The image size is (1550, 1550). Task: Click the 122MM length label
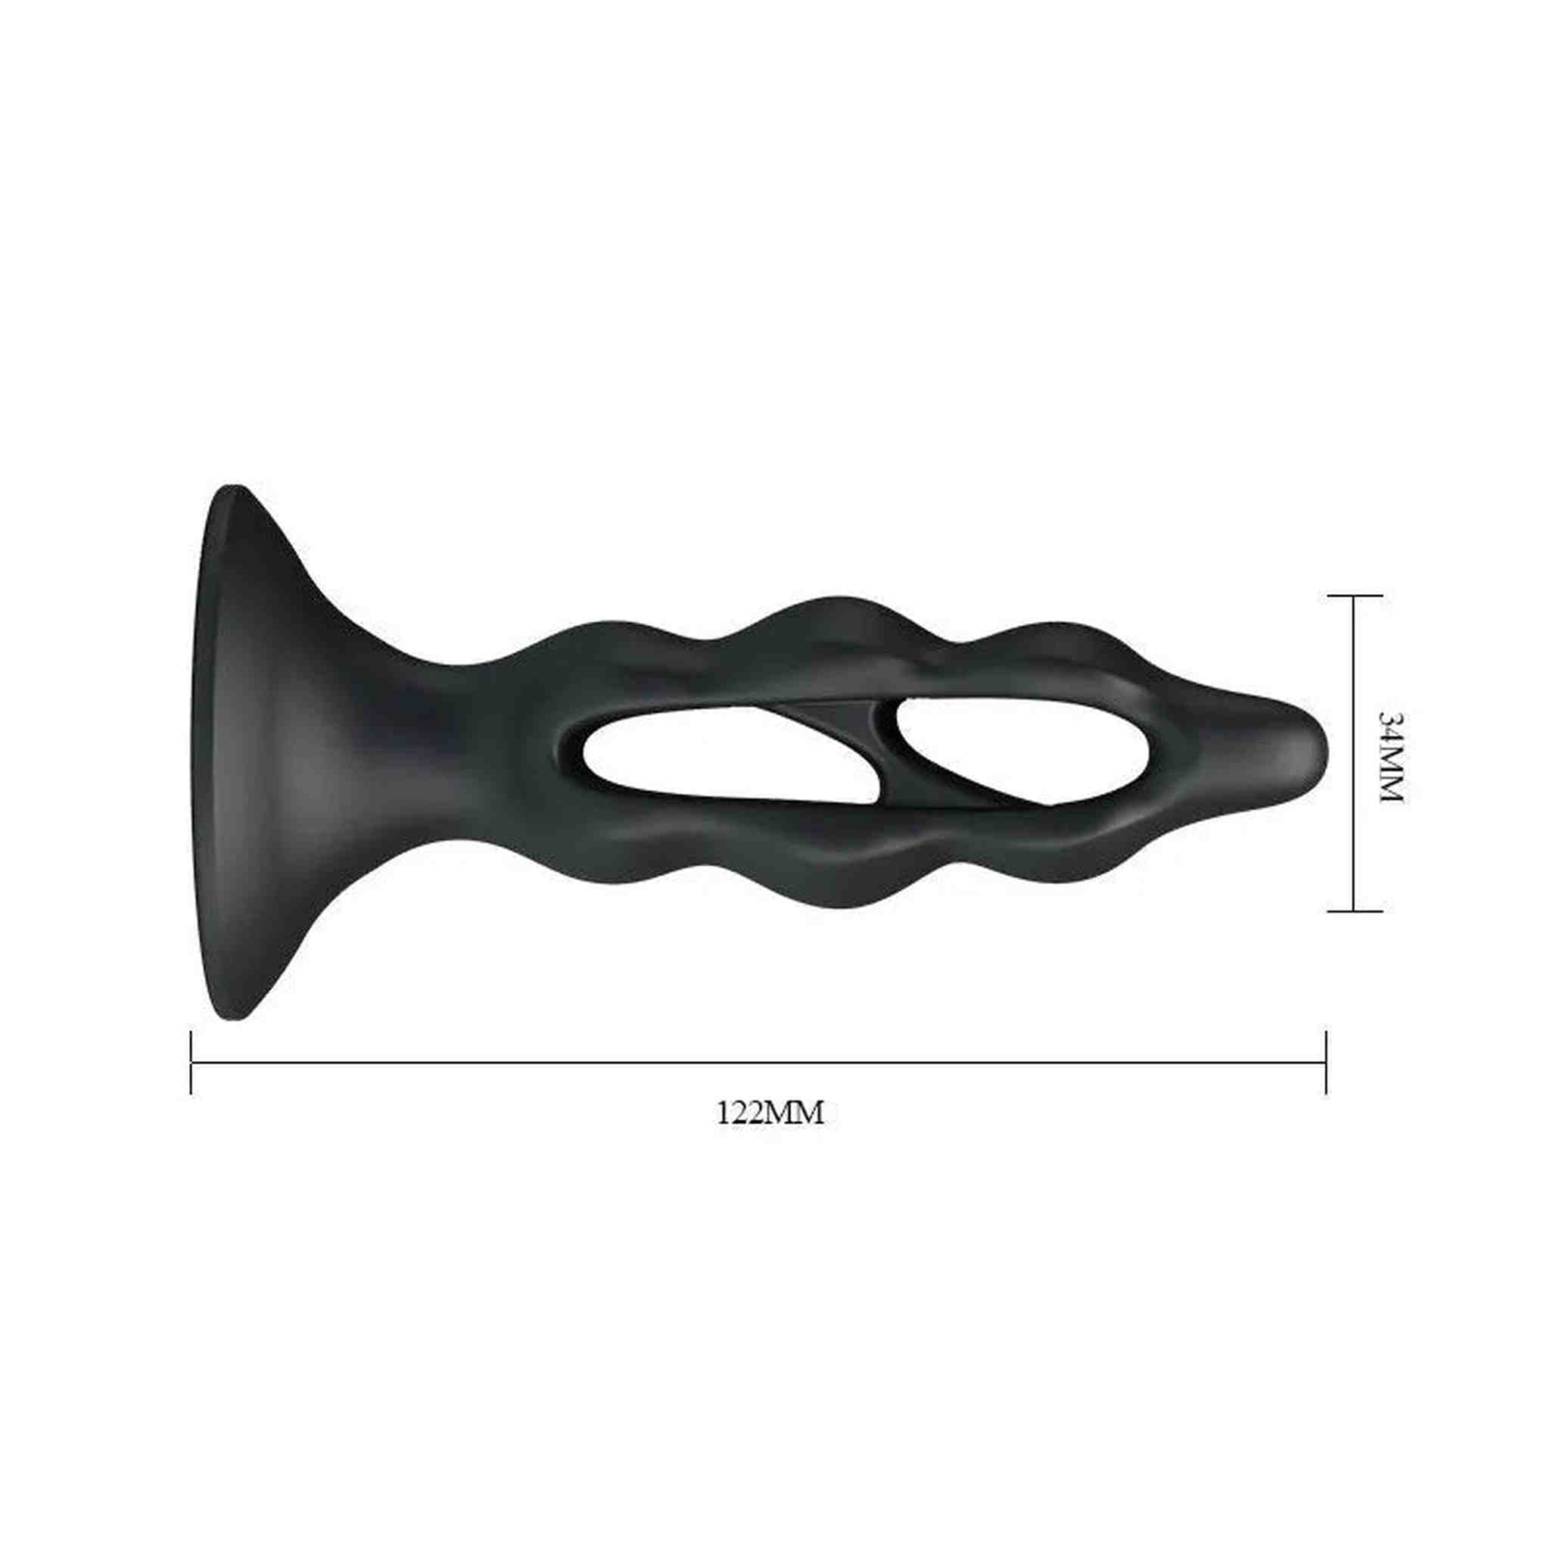point(770,1113)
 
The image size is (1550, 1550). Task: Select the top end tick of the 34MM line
point(1355,596)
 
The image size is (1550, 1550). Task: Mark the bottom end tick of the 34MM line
point(1355,910)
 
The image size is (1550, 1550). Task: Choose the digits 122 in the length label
point(737,1113)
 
